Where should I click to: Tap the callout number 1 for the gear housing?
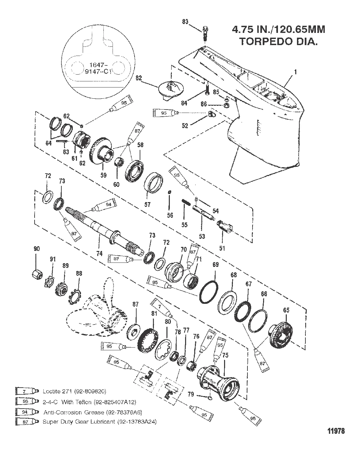[295, 72]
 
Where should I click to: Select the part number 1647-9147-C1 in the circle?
[98, 68]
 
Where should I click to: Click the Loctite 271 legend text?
[75, 391]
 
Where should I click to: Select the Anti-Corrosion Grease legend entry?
[93, 412]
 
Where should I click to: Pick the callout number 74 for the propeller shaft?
[99, 253]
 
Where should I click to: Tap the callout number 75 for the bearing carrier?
[225, 355]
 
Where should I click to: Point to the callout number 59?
[103, 175]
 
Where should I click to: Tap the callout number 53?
[202, 236]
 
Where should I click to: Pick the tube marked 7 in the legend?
[27, 391]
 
